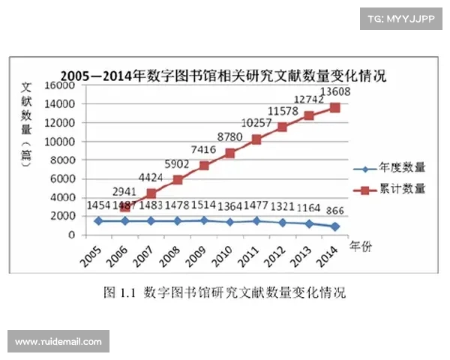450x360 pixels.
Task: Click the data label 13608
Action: [335, 92]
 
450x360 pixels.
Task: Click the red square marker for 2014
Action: [334, 108]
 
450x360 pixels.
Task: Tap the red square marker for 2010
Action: [229, 153]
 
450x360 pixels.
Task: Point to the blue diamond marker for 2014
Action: [334, 226]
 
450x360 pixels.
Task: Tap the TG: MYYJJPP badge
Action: [400, 20]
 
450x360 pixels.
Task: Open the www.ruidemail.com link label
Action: [58, 341]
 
